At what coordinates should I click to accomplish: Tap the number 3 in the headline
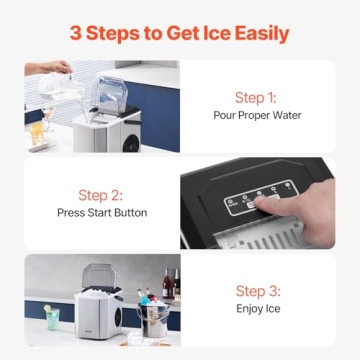(77, 33)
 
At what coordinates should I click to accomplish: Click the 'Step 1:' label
(257, 97)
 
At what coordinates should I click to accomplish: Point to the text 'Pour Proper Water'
(257, 115)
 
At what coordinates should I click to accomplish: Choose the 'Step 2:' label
(102, 194)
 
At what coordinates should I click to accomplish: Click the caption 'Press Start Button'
(102, 212)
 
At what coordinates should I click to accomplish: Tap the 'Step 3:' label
(257, 291)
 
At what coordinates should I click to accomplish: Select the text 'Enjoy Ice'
(257, 308)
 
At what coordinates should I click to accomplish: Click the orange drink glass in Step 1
(37, 130)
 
